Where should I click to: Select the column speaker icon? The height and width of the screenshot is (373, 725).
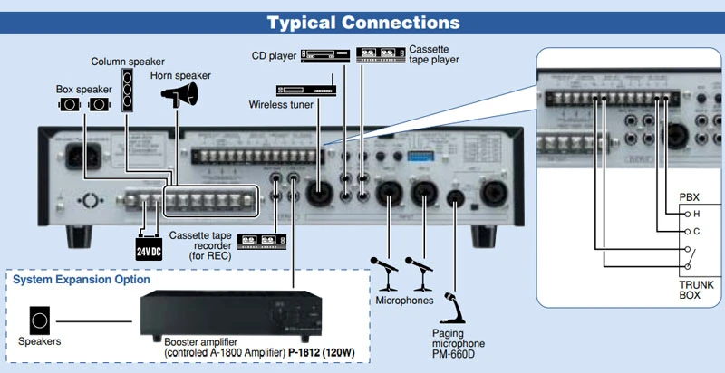click(x=128, y=91)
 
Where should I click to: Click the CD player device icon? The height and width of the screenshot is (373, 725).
click(x=324, y=54)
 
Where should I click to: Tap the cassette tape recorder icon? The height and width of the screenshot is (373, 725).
click(x=262, y=241)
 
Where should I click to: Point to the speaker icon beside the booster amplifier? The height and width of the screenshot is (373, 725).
click(x=41, y=320)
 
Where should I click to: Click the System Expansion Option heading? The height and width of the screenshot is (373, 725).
click(x=81, y=280)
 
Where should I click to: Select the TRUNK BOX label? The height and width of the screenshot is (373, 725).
click(x=696, y=291)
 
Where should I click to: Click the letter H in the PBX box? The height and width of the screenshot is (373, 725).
click(x=696, y=214)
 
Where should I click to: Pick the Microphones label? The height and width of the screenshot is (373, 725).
click(x=404, y=300)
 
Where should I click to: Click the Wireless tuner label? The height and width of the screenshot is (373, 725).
click(x=281, y=105)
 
